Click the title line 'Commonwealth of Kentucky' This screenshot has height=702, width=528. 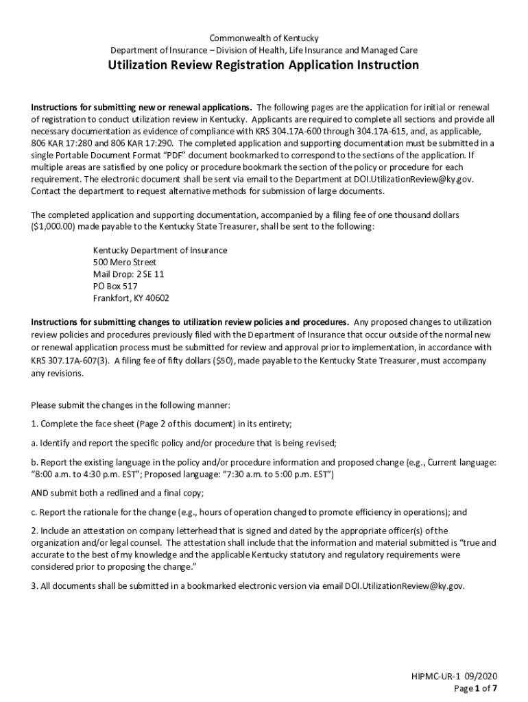point(264,38)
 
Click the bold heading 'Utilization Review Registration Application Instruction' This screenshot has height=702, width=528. point(264,65)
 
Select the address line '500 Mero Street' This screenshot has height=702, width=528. point(125,262)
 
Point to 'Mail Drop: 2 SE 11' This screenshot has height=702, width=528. point(129,274)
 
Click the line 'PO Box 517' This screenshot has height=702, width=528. point(115,286)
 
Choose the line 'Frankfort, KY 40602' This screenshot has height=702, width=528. point(131,298)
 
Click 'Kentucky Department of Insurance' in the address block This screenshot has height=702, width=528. point(160,250)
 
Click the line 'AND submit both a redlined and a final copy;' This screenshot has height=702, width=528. point(117,492)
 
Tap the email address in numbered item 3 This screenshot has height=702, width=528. point(405,587)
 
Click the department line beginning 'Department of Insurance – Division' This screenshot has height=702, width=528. point(264,50)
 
